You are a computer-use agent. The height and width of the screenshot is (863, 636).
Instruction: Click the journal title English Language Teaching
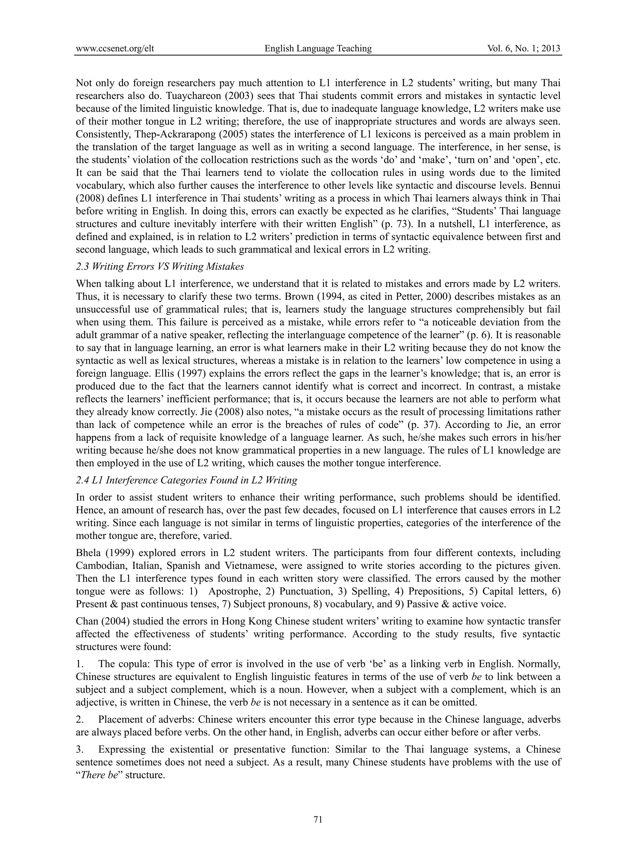(318, 48)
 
